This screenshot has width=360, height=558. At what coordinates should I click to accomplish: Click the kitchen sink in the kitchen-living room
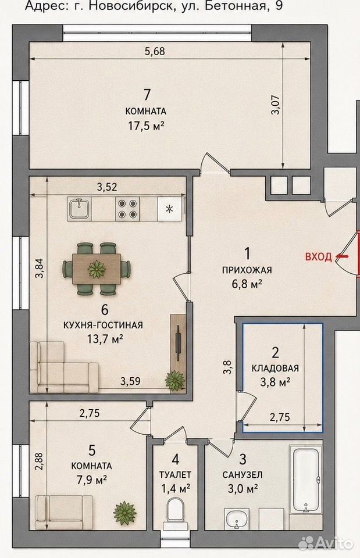pos(80,209)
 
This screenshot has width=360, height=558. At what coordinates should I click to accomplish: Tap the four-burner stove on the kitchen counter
pos(127,209)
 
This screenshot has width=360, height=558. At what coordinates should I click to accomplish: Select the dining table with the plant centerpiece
pos(96,269)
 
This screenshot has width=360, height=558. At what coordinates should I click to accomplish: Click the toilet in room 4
pos(174,513)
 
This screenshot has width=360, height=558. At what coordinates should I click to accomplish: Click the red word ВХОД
pos(318,256)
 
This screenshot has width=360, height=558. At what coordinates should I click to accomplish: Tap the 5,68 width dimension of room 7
pos(155,51)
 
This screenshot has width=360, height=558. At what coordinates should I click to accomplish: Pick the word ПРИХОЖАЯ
pos(247,270)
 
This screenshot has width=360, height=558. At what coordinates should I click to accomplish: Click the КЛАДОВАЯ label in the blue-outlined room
pos(275,369)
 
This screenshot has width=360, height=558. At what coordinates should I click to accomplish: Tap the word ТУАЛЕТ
pos(175,474)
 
